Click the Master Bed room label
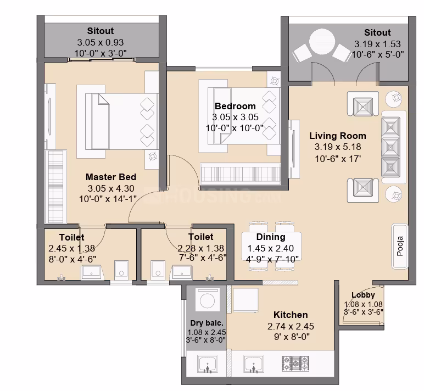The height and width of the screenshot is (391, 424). [x=111, y=177]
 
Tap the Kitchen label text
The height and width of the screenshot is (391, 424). [x=291, y=315]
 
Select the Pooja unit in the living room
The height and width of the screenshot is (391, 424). [x=400, y=246]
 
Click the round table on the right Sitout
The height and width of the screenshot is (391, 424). [x=322, y=42]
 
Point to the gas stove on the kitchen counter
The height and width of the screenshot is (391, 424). [x=295, y=364]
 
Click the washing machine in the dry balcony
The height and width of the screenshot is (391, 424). [x=207, y=300]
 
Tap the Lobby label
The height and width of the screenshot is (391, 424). [x=363, y=295]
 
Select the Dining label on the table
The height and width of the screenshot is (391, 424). [x=271, y=237]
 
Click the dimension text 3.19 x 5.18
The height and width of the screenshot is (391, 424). [x=338, y=147]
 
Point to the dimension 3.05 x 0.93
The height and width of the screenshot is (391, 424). [x=101, y=42]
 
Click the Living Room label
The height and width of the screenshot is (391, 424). [x=338, y=136]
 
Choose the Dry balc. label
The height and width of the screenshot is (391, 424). [x=207, y=323]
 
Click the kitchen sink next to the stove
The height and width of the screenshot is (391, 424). [x=254, y=364]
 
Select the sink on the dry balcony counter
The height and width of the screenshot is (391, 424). [x=208, y=364]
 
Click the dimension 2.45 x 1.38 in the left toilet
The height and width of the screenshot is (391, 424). [x=71, y=248]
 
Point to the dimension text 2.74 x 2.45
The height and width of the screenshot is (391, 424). [x=291, y=326]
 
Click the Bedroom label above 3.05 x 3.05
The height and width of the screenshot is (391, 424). [x=235, y=106]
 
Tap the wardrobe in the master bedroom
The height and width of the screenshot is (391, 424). [x=55, y=187]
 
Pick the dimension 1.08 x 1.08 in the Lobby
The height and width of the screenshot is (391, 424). [x=363, y=304]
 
